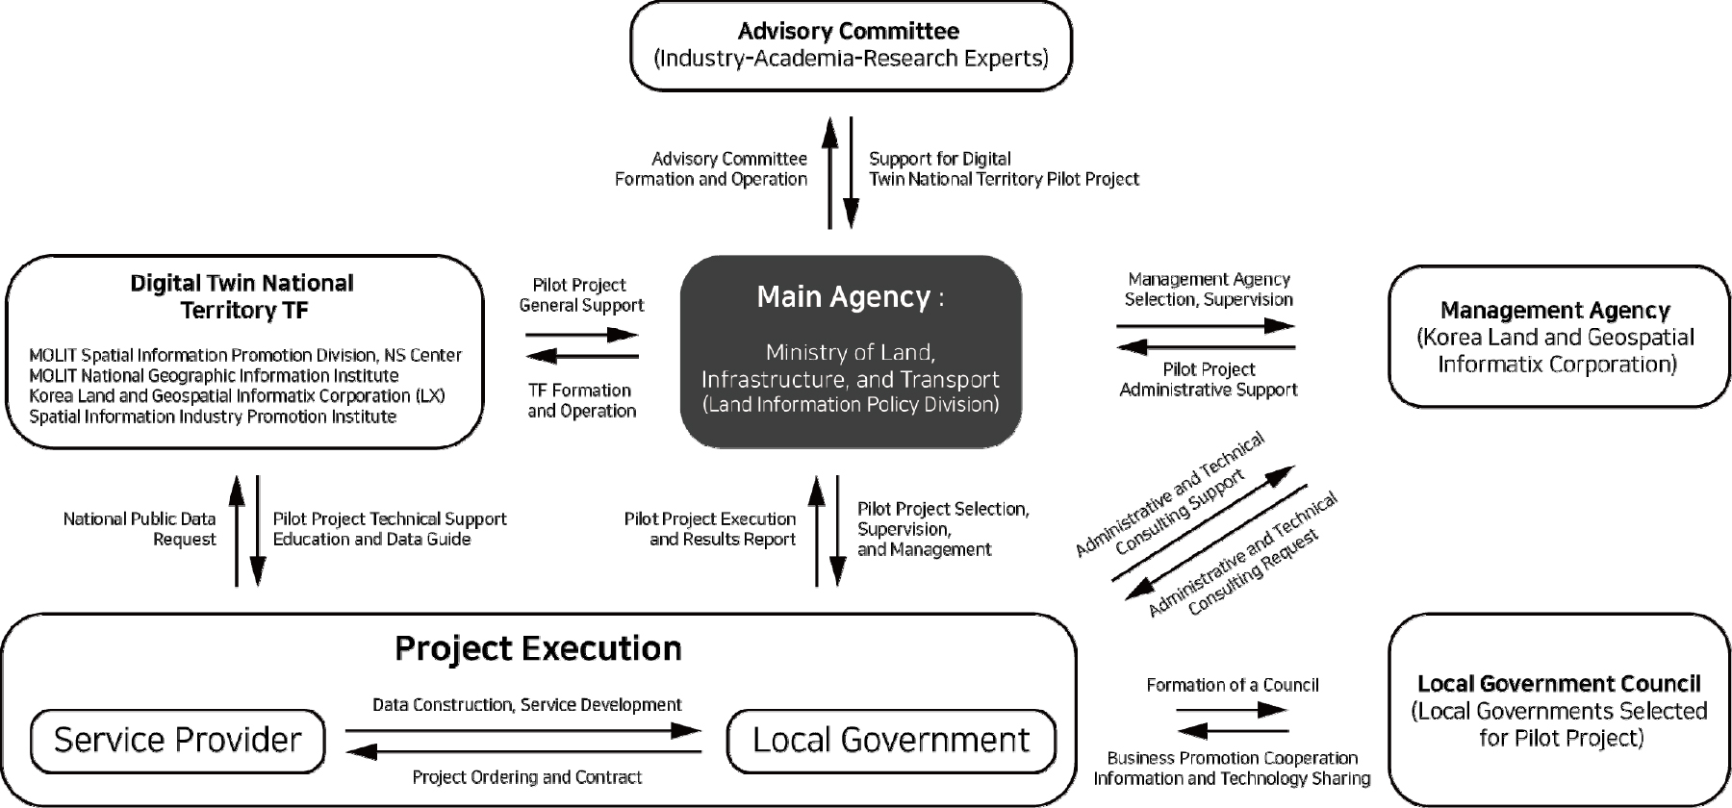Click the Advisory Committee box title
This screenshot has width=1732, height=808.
click(x=849, y=31)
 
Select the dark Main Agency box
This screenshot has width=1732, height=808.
click(x=851, y=351)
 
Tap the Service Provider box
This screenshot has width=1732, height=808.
click(x=178, y=740)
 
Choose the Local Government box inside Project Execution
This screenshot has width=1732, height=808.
click(x=891, y=740)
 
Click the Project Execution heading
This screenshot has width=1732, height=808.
click(x=538, y=649)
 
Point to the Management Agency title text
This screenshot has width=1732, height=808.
click(x=1555, y=311)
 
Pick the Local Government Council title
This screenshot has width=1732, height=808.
click(x=1559, y=684)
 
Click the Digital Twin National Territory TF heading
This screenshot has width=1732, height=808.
click(x=242, y=296)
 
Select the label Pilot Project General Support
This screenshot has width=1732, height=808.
click(x=581, y=295)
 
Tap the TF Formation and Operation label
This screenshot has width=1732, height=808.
click(x=581, y=400)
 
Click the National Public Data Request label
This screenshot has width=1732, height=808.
click(x=140, y=529)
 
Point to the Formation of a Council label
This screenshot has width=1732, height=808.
click(x=1233, y=685)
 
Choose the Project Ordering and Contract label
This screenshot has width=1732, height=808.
click(x=526, y=777)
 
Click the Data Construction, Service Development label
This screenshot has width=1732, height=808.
click(x=526, y=705)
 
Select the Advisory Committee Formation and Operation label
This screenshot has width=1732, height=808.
click(x=711, y=168)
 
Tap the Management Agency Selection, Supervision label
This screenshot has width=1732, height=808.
click(x=1209, y=289)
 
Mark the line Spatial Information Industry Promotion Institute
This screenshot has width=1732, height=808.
click(x=213, y=417)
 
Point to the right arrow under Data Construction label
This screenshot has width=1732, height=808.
click(x=523, y=731)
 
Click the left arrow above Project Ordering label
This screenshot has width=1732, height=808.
click(x=523, y=751)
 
